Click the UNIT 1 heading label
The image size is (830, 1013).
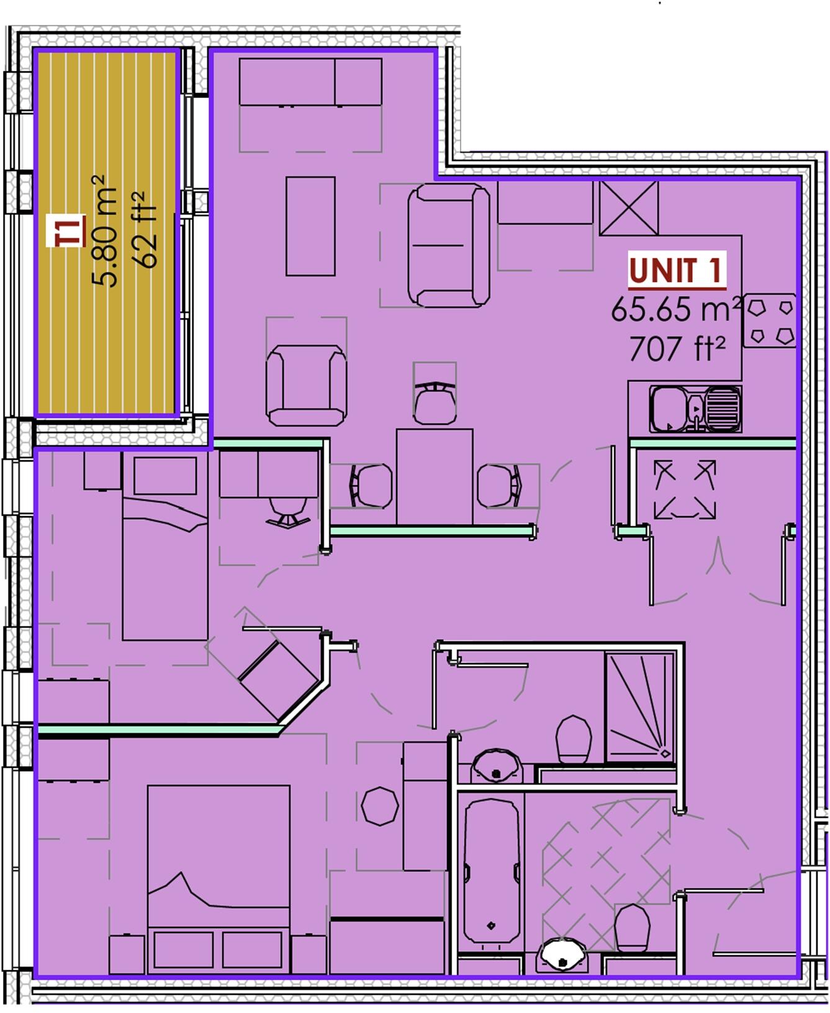tap(676, 270)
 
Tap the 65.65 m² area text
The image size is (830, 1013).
tap(676, 309)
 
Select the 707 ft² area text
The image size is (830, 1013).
tap(677, 348)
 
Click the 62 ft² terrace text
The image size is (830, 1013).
tap(145, 231)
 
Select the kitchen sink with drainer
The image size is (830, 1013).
tap(695, 409)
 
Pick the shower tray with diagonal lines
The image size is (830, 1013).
tap(640, 706)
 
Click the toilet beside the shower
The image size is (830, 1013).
tap(573, 739)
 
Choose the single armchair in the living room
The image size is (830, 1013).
tap(306, 385)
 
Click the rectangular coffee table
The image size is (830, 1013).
tap(310, 226)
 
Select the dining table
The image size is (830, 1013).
tap(434, 476)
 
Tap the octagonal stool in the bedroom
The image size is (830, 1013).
tap(379, 806)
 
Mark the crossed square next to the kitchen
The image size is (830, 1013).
tap(628, 208)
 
